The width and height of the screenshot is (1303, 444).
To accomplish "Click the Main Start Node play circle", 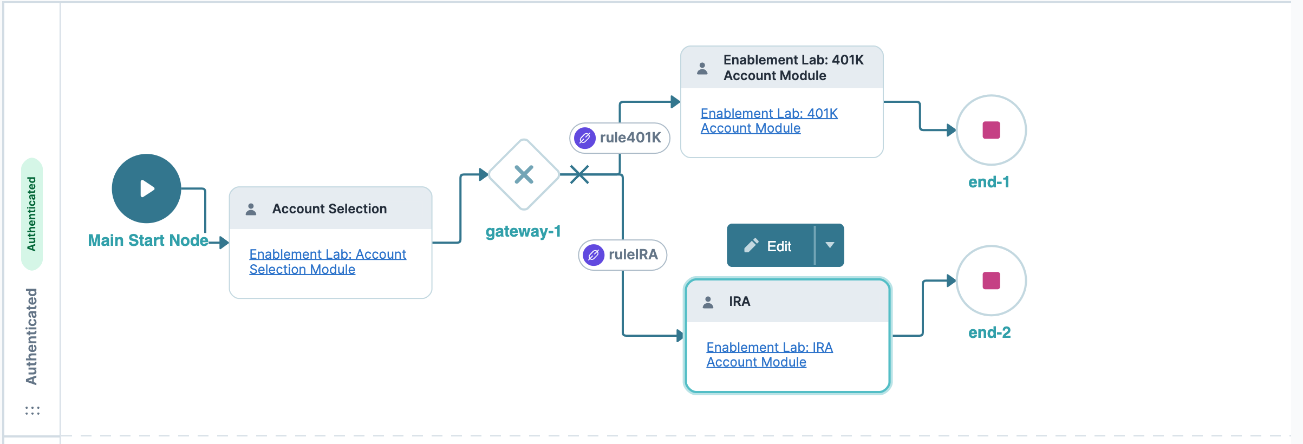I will point(146,188).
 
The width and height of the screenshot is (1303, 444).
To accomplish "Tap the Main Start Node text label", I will point(148,240).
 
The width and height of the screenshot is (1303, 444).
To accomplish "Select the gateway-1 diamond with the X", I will point(524,174).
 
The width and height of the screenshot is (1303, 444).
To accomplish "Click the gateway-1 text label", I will point(523,232).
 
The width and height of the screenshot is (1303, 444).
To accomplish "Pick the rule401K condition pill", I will point(620,138).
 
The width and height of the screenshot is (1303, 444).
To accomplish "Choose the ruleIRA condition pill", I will point(623,255).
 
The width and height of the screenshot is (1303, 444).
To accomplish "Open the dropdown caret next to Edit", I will point(830,246).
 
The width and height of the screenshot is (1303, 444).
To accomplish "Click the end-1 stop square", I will point(991,130).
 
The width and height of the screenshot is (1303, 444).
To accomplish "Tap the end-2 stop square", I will point(991,280).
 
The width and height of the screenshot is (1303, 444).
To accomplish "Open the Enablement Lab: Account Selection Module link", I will point(327,262).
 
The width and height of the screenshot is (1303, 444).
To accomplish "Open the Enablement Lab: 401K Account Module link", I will point(768,121).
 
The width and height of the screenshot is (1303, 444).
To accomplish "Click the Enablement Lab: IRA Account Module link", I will point(769,355).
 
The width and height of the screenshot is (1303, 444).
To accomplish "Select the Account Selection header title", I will point(329,209).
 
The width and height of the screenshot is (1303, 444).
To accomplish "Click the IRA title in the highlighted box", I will point(739,302).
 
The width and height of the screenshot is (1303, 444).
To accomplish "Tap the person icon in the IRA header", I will point(708,302).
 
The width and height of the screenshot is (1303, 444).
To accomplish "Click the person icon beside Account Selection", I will point(251,210).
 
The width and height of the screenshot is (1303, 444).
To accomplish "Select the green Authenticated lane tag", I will point(32,214).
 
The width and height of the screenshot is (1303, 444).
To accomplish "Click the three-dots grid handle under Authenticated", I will point(32,410).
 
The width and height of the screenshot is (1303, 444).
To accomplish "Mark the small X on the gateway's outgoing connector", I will point(579,174).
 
